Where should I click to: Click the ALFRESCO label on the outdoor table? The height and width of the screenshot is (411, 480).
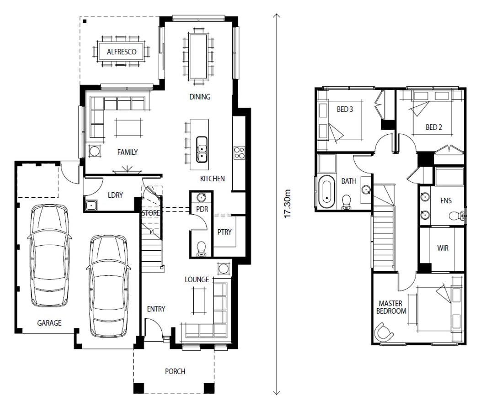(122, 52)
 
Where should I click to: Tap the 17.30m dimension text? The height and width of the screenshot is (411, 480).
(287, 204)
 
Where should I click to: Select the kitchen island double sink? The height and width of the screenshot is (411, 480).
(202, 149)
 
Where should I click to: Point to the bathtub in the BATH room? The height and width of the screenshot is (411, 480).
(327, 192)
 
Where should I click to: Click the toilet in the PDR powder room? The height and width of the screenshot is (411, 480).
(201, 248)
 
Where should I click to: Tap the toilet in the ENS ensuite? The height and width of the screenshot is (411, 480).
(457, 216)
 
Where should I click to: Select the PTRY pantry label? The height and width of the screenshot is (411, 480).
(224, 232)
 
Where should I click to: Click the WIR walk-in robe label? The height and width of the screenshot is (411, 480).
(443, 248)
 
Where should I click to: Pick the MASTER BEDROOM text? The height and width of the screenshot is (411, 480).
(391, 307)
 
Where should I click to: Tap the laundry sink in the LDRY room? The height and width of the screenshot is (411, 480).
(91, 205)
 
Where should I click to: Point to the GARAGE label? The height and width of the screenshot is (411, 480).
(49, 323)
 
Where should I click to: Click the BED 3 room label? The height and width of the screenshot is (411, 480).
(345, 109)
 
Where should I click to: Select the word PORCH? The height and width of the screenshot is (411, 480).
(175, 371)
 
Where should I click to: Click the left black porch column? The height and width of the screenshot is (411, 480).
(139, 388)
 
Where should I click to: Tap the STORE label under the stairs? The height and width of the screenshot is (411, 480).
(150, 213)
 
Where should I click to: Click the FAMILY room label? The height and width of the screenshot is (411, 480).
(128, 152)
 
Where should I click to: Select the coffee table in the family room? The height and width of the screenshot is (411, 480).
(128, 127)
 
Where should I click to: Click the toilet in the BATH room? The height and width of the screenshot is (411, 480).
(347, 202)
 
